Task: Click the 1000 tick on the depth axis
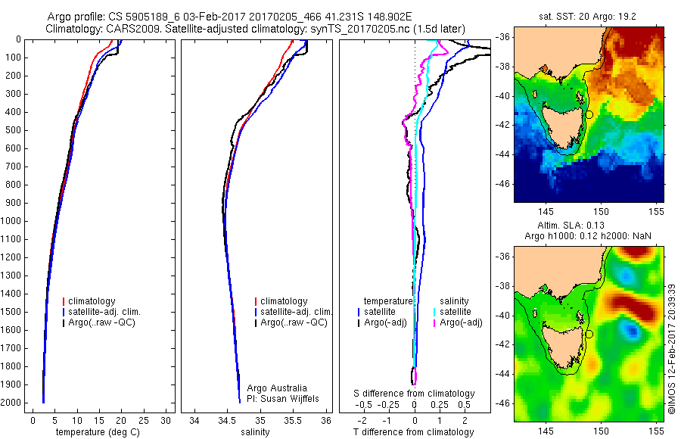pyautogui.click(x=11, y=221)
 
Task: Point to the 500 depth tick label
pyautogui.click(x=14, y=130)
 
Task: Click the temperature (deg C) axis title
pyautogui.click(x=98, y=432)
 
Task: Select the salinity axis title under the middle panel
pyautogui.click(x=256, y=432)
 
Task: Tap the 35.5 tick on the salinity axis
pyautogui.click(x=293, y=421)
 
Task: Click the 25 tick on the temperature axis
pyautogui.click(x=144, y=421)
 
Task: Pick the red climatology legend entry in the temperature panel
pyautogui.click(x=89, y=301)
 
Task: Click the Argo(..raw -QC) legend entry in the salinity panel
pyautogui.click(x=291, y=322)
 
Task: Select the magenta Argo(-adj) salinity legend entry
pyautogui.click(x=458, y=322)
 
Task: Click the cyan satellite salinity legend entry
pyautogui.click(x=452, y=312)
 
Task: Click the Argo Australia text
pyautogui.click(x=277, y=388)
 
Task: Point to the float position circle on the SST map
pyautogui.click(x=589, y=115)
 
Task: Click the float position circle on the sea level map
pyautogui.click(x=589, y=335)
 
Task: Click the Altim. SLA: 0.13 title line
pyautogui.click(x=571, y=225)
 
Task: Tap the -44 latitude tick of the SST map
pyautogui.click(x=502, y=154)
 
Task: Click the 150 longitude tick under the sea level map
pyautogui.click(x=601, y=431)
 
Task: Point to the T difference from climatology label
pyautogui.click(x=413, y=432)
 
